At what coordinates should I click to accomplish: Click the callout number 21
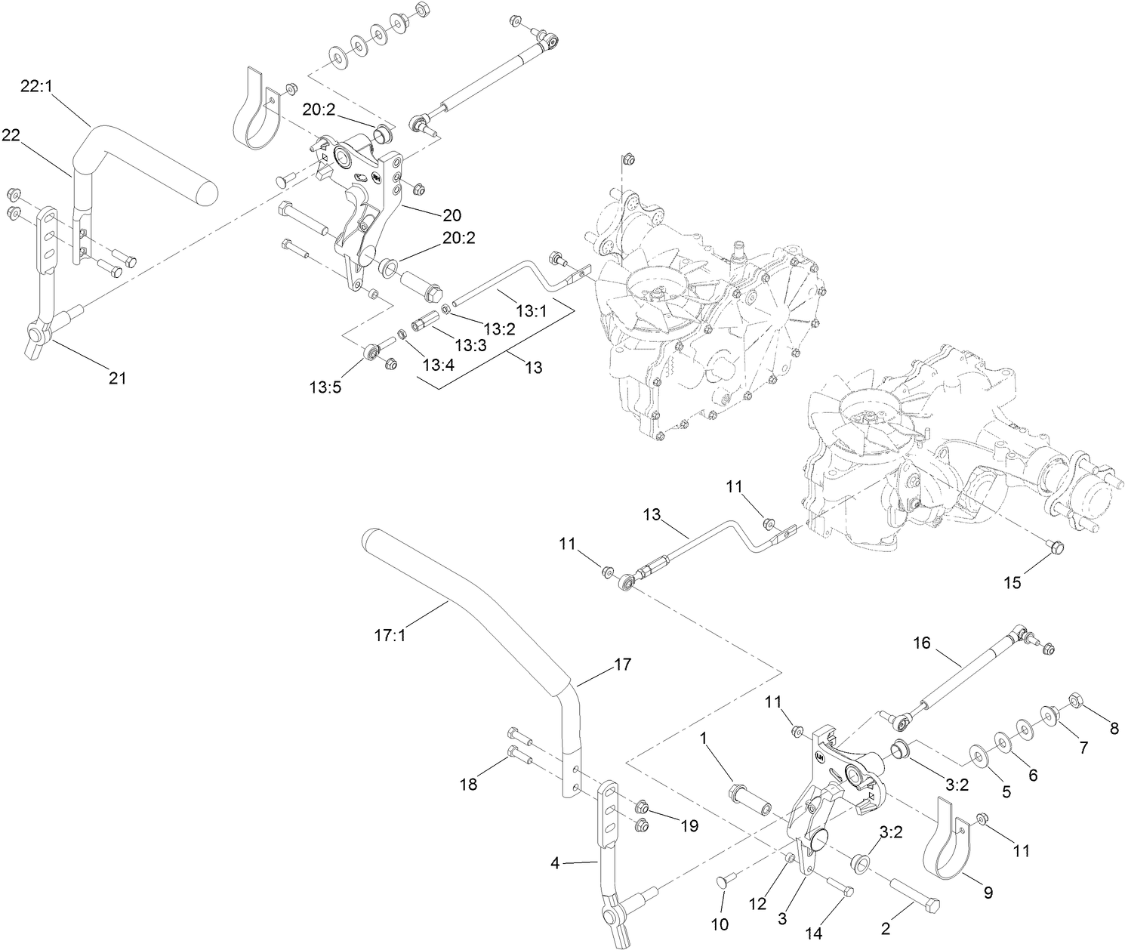click(117, 378)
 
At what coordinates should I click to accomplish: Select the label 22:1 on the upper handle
click(36, 88)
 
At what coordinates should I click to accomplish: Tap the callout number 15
click(1012, 582)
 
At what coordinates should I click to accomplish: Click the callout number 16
click(922, 643)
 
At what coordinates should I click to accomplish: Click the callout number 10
click(720, 924)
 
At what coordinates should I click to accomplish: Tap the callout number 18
click(468, 785)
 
